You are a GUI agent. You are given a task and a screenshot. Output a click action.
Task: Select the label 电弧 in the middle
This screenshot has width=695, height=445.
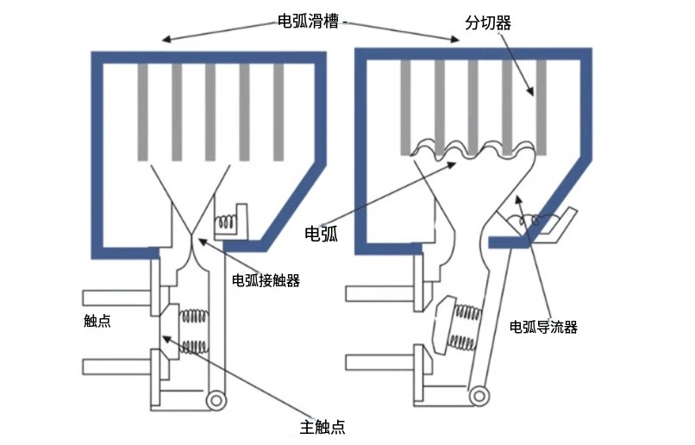click(x=322, y=233)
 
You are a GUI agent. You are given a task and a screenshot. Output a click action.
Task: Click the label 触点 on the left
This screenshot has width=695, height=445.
click(x=97, y=322)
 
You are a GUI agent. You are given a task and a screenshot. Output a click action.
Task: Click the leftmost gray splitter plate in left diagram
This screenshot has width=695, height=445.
click(x=142, y=112)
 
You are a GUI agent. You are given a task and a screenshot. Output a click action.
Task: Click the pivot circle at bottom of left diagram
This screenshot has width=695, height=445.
click(x=216, y=400)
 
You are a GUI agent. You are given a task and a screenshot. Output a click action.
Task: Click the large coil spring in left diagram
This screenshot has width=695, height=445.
click(x=195, y=332)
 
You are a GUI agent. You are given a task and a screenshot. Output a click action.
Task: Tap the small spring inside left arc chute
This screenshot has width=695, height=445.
click(x=226, y=222)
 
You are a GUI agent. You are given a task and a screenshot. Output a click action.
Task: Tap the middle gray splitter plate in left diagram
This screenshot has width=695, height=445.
click(x=210, y=112)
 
